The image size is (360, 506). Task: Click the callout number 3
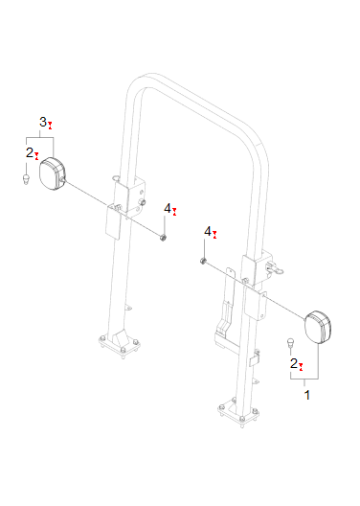[x=43, y=122]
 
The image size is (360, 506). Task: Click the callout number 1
[x=306, y=393]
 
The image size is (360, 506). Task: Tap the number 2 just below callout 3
[x=30, y=151]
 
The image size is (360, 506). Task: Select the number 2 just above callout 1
[x=294, y=363]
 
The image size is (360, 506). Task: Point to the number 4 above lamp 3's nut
[x=168, y=208]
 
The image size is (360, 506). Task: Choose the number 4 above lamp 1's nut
[x=209, y=232]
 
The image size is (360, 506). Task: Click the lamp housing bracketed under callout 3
[x=52, y=173]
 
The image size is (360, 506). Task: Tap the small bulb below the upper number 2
[x=26, y=177]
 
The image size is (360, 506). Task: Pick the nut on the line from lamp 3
[x=166, y=236]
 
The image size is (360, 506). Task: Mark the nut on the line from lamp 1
[x=204, y=260]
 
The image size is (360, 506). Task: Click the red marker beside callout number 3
[x=51, y=125]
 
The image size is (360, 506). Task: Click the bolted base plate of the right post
[x=237, y=415]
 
